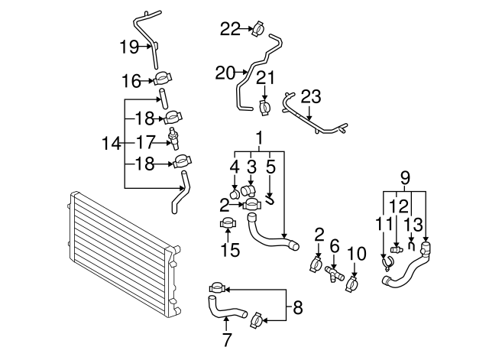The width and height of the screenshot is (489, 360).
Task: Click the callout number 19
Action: coord(129,47)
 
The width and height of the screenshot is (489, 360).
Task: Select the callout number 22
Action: coord(230,29)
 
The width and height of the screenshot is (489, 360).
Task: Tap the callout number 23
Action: coord(311,97)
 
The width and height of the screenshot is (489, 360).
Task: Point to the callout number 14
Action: coord(112,144)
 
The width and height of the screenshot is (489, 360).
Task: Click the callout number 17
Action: coord(145,142)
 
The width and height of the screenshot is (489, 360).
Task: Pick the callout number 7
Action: coord(227,339)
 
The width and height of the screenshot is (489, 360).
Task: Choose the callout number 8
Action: coord(298,307)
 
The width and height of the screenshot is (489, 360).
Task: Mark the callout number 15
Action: coord(231,250)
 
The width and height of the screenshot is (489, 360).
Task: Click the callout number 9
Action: coord(404,178)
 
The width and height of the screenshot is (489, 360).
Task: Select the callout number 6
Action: coord(334,247)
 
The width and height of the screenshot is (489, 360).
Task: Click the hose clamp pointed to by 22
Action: coord(258,29)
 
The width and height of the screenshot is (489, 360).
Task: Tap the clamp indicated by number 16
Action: coord(163,79)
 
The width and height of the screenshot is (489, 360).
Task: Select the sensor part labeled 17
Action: coord(173,138)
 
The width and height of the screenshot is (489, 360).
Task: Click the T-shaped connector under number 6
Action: coord(334,274)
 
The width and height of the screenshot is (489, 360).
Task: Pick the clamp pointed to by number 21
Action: coord(265,108)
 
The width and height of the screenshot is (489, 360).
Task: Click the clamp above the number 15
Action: coord(228,223)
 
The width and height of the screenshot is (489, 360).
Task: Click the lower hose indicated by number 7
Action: coord(226,309)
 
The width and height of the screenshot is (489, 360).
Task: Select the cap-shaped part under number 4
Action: coord(235,193)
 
